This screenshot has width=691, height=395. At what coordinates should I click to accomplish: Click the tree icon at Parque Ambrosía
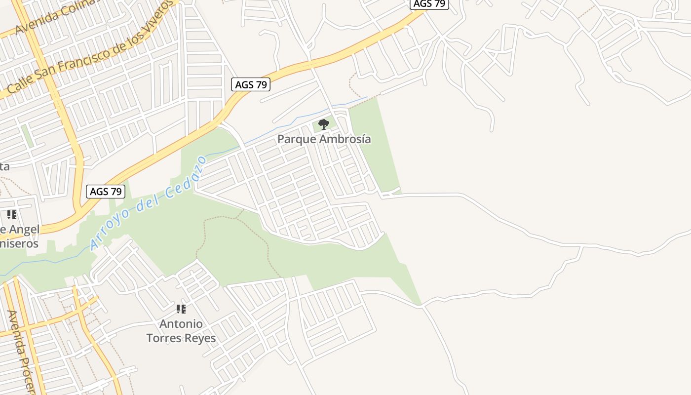[324, 124]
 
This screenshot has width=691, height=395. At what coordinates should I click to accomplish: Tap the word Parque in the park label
[295, 139]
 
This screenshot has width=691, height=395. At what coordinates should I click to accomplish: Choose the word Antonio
[181, 324]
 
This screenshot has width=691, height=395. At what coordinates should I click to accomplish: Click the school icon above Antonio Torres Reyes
[181, 309]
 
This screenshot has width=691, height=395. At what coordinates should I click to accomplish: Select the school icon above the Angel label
[12, 215]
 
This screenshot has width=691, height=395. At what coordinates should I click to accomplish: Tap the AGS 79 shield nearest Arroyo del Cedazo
[106, 192]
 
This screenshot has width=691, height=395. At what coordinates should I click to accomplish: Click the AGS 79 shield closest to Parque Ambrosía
[251, 84]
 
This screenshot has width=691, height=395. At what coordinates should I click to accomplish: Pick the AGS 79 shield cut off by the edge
[429, 4]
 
